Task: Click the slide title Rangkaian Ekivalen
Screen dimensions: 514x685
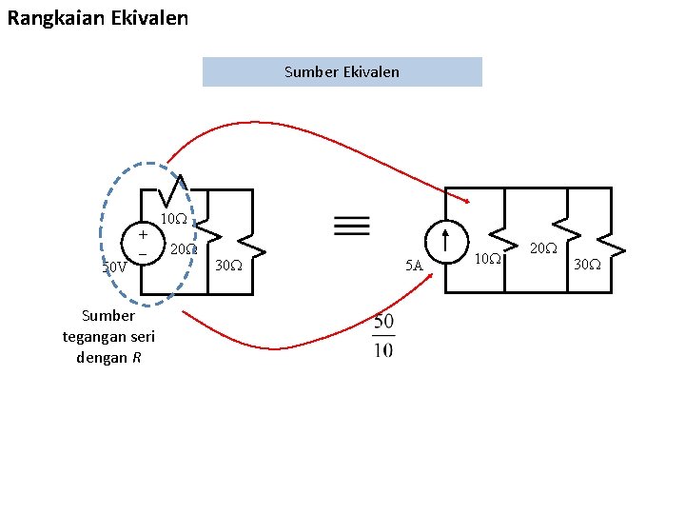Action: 97,17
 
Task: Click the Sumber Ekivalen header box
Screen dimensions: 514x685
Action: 342,72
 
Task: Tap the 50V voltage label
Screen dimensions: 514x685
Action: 114,267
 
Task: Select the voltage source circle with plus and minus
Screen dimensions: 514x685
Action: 142,244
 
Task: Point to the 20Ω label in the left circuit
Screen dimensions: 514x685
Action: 183,249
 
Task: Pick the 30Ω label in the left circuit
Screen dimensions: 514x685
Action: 227,266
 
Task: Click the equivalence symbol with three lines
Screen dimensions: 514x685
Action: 352,225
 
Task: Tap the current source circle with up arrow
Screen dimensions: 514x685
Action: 445,242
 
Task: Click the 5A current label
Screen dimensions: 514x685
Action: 414,267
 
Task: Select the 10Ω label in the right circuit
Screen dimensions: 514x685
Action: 487,259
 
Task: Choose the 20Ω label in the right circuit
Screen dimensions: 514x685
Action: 543,248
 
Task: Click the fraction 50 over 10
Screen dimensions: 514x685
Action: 383,336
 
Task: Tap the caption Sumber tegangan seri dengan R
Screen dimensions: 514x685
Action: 108,337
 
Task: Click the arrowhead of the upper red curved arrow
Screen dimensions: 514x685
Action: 467,200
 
